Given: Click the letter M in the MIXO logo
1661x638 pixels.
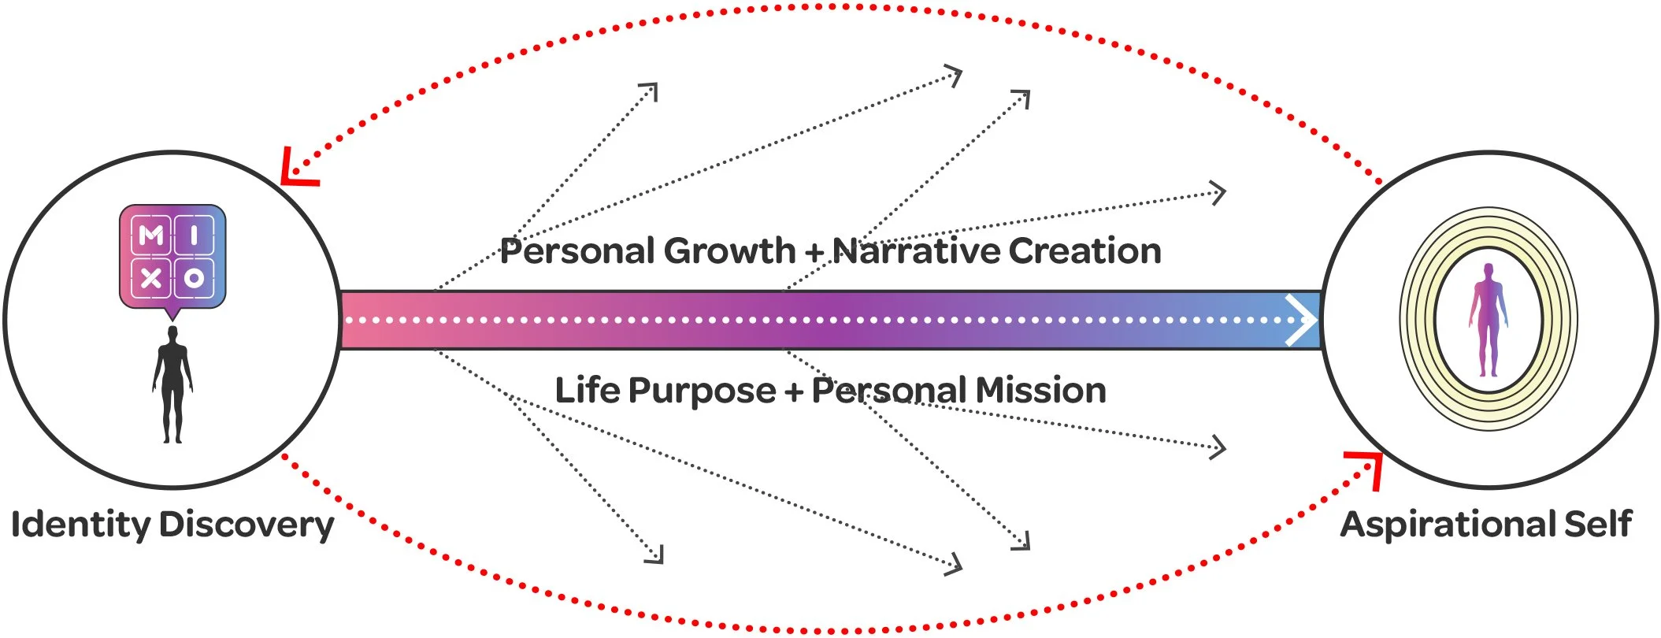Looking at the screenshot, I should (151, 235).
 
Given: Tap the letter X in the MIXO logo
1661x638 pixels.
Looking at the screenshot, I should (151, 277).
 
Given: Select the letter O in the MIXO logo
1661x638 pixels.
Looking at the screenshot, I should (194, 277).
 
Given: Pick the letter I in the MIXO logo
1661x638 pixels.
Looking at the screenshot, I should (194, 235).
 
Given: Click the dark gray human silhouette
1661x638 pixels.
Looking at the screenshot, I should (172, 384).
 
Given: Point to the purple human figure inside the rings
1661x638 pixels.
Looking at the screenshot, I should (1488, 320).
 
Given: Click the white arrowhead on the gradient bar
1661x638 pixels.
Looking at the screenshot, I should (1300, 320).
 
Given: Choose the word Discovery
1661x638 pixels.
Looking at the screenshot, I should (247, 525).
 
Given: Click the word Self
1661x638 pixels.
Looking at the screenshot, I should (1598, 525).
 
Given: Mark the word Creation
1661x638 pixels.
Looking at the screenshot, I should (1084, 251).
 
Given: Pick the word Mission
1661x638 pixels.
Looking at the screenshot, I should (1040, 391).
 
